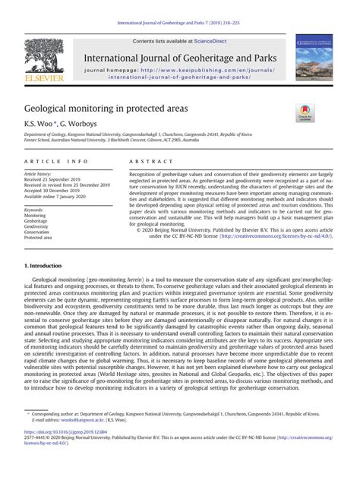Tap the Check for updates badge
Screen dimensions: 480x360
pyautogui.click(x=306, y=115)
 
